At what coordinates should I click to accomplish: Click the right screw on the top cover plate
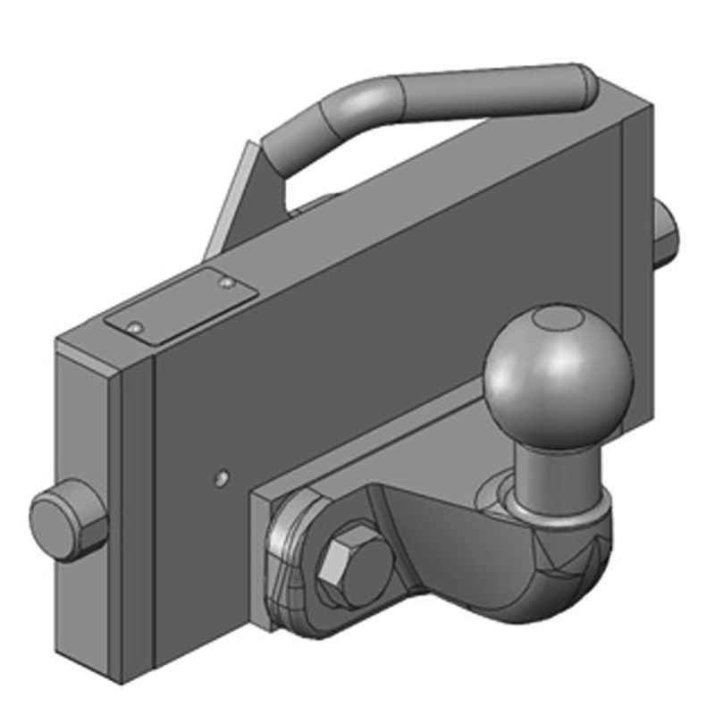[227, 283]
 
